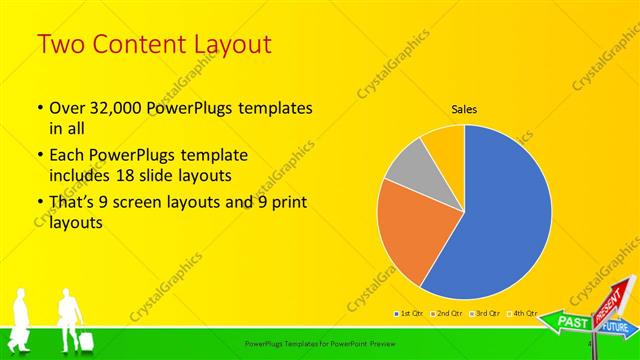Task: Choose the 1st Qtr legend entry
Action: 409,314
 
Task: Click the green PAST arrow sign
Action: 571,323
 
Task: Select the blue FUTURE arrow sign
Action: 615,327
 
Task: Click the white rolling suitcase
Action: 86,340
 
